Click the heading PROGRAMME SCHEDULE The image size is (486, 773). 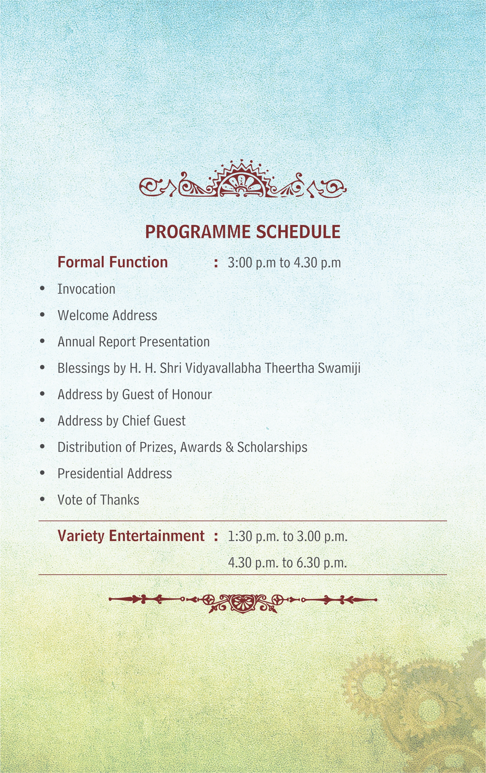tap(243, 232)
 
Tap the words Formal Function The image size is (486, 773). tap(113, 262)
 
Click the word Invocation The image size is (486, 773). tap(86, 289)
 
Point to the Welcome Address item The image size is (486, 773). tap(107, 315)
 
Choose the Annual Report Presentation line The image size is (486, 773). tap(134, 342)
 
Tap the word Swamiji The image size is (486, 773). tap(339, 368)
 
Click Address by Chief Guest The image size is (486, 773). tap(122, 421)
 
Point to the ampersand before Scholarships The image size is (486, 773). tap(230, 447)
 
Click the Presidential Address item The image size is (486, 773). tap(115, 474)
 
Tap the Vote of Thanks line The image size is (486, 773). tap(98, 500)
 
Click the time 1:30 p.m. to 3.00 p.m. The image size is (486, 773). tap(288, 537)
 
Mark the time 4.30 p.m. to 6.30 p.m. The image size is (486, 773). tap(287, 563)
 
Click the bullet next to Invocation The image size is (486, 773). tap(42, 288)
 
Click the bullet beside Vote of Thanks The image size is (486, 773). tap(42, 499)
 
